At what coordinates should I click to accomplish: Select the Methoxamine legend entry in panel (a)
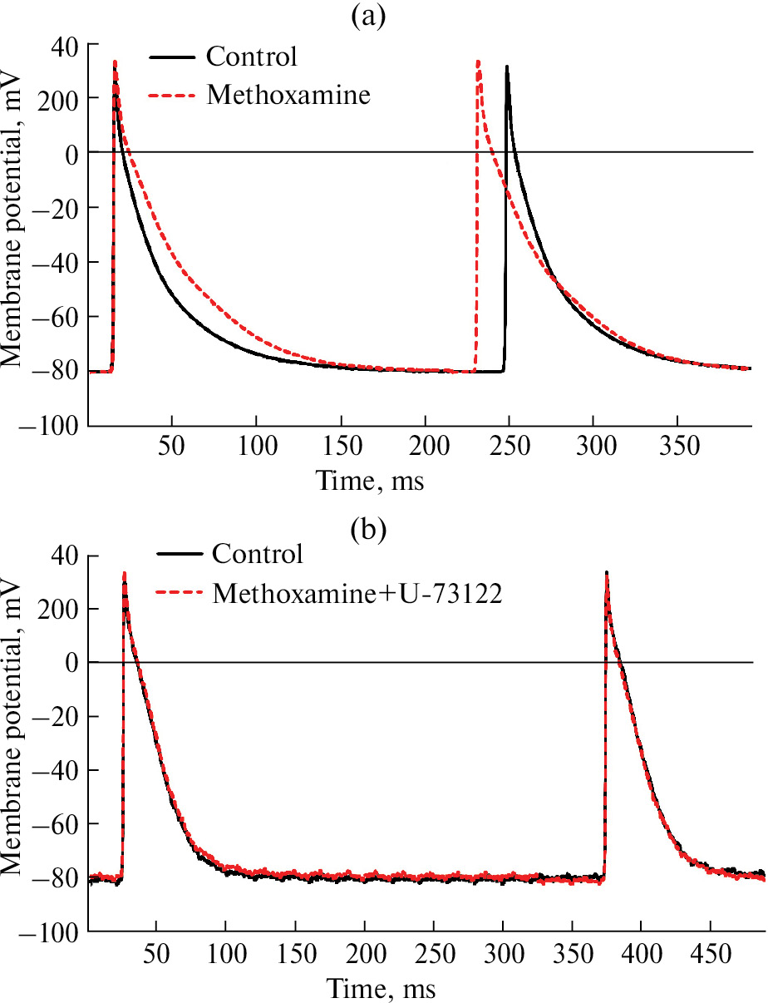coord(288,95)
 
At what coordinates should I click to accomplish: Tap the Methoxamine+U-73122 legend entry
coord(357,593)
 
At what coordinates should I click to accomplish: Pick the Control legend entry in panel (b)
coord(258,554)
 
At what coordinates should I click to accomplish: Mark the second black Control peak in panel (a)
coord(506,67)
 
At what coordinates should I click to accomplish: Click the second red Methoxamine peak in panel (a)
coord(478,61)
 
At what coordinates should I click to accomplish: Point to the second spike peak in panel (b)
coord(607,572)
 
